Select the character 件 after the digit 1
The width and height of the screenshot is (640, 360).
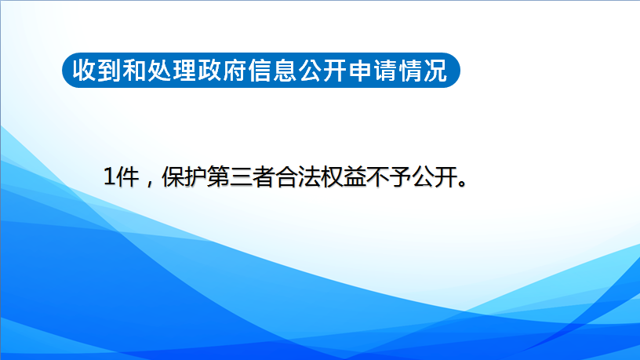[127, 177]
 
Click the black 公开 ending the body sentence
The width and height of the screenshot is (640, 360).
[435, 177]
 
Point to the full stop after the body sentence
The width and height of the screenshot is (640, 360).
[463, 184]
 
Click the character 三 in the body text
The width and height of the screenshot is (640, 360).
[241, 177]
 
